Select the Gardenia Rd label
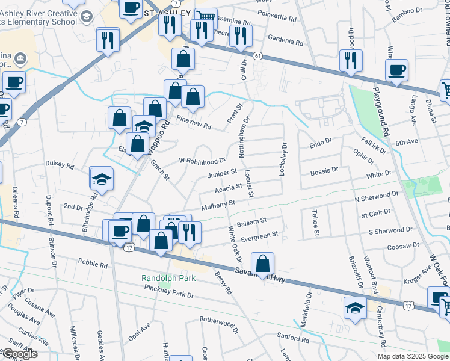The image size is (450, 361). [x=286, y=42]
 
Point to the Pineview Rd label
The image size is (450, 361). [x=194, y=126]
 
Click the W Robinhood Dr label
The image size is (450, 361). [x=202, y=161]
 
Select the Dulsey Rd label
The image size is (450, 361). [x=60, y=164]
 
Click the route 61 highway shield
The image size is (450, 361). [x=257, y=56]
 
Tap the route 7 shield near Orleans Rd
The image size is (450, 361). [x=22, y=122]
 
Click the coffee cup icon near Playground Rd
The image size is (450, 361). [x=397, y=70]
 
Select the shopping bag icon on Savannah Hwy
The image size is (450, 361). [x=263, y=264]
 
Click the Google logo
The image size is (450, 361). [x=19, y=354]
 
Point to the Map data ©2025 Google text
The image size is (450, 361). [x=412, y=356]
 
